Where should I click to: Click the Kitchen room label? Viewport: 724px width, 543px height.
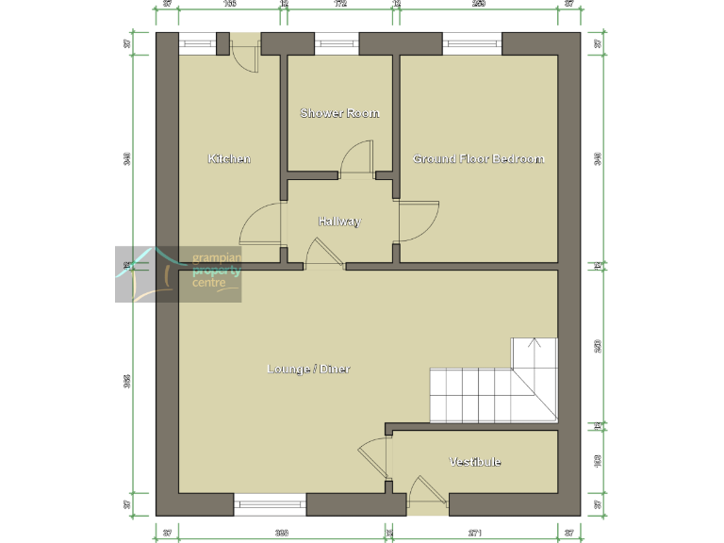point(229,158)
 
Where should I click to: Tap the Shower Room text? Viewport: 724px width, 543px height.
point(339,113)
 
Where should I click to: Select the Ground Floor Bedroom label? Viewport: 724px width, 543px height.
point(479,158)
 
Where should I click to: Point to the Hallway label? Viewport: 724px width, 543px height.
point(339,222)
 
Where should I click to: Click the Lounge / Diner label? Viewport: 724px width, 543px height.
point(309,369)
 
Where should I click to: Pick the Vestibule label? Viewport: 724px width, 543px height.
point(475,461)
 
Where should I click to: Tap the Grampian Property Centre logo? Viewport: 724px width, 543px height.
point(178,274)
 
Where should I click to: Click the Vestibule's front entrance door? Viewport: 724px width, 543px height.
point(427,496)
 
